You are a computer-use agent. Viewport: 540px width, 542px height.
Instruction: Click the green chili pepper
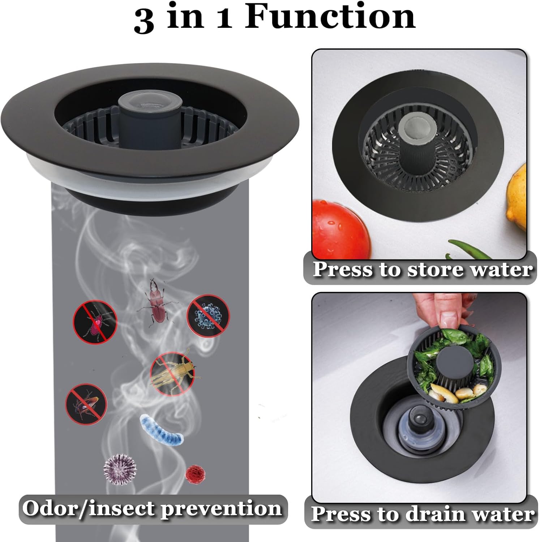click(x=470, y=249)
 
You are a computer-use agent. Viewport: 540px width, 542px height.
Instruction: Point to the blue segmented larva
click(x=162, y=430)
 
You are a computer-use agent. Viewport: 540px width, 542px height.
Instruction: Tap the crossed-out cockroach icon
click(x=86, y=403)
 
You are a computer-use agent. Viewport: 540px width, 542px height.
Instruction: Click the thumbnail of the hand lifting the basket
click(x=419, y=397)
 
